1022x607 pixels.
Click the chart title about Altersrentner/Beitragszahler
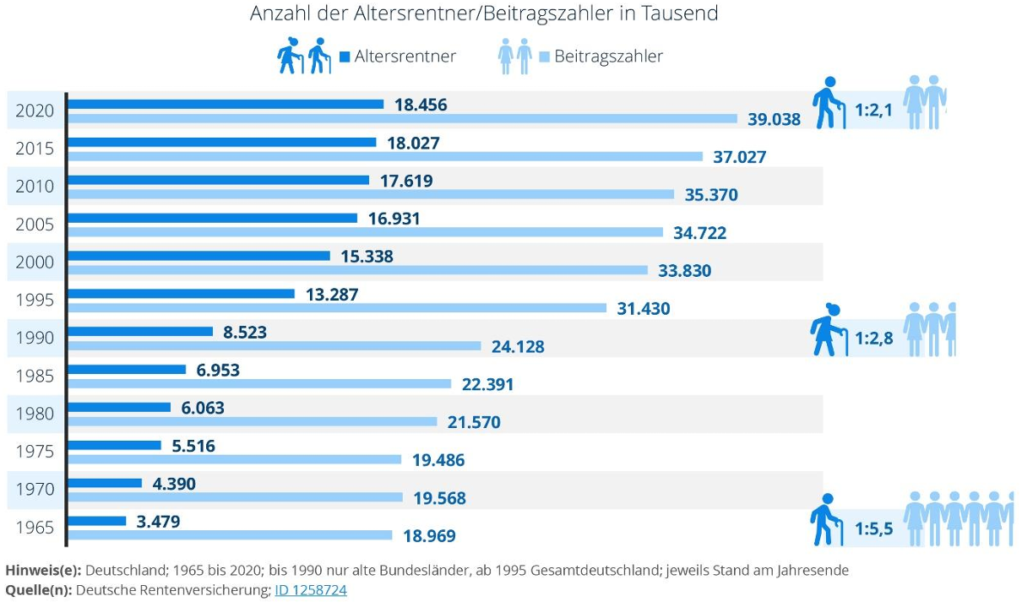coord(483,14)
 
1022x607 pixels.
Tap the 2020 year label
coord(35,111)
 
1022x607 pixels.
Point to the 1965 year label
coord(35,528)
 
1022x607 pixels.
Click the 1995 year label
coord(35,300)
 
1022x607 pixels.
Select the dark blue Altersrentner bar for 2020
coord(226,104)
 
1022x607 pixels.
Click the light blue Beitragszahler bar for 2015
coord(385,156)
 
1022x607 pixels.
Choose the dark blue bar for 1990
coord(140,332)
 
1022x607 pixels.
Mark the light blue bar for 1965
coord(230,535)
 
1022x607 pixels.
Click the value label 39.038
coord(774,120)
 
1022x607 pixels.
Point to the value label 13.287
coord(331,295)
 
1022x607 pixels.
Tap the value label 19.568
coord(439,499)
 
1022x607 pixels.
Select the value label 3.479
coord(158,522)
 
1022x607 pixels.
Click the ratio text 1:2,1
coord(873,110)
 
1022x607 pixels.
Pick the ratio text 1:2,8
coord(873,338)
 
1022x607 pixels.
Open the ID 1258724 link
coord(310,590)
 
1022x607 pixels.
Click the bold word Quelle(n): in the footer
coord(39,590)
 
